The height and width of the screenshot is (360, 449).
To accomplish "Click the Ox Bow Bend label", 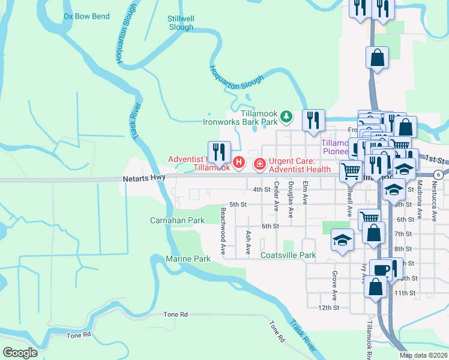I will pos(86,16).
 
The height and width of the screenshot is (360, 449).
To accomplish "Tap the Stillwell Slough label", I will pos(181,23).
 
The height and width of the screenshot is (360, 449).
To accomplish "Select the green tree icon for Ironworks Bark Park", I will pos(287,116).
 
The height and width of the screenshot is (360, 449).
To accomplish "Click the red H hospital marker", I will pos(239,163).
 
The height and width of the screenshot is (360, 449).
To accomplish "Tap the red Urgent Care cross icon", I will pos(261,163).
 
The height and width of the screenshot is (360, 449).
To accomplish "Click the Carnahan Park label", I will pos(177,220).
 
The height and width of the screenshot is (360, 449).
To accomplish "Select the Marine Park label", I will pos(188,259).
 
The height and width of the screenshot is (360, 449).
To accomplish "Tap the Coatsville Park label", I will pos(288,255).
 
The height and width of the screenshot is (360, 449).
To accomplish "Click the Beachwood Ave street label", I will pos(223,232).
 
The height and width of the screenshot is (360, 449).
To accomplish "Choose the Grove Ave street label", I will pos(334,286).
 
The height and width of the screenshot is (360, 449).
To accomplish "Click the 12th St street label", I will pos(328,307).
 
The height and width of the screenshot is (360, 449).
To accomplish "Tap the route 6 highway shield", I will pos(439,175).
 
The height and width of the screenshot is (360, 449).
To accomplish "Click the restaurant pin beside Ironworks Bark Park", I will pos(314,121).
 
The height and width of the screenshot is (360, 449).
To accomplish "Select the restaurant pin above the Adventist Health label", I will pos(219,152).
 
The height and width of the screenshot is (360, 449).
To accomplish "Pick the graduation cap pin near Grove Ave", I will pos(342,240).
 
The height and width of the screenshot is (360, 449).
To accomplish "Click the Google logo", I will pos(20,352).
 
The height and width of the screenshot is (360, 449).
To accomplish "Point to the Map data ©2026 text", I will pos(423,355).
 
